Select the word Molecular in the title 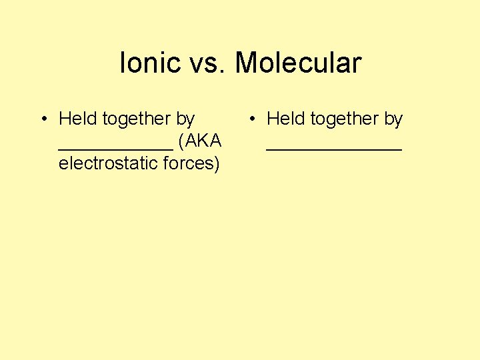[298, 63]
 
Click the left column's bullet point [42, 119]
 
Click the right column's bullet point [253, 119]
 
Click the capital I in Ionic [123, 63]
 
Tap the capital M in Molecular [247, 63]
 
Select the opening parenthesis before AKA [181, 141]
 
